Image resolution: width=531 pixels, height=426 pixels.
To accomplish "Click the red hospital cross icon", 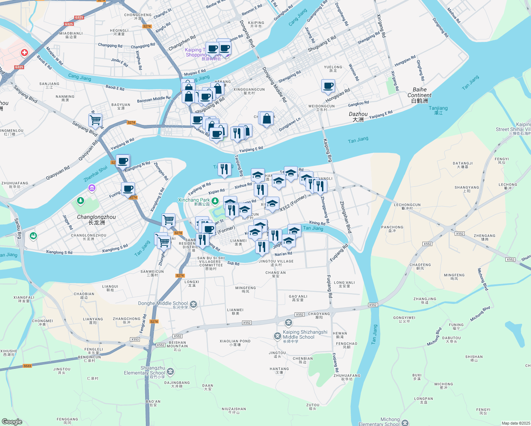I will [24, 53].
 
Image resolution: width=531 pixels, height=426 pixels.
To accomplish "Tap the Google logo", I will [12, 422].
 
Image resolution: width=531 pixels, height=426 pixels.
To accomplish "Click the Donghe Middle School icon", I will [193, 304].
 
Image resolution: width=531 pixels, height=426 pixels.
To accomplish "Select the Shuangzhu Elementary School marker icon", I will [171, 371].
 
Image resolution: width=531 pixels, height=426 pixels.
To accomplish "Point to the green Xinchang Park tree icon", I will [215, 201].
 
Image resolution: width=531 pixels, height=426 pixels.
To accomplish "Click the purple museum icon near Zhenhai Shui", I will [92, 188].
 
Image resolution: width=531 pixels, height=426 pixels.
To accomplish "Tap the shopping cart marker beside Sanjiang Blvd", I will [95, 120].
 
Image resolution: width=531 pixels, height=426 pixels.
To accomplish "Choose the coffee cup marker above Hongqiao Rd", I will [328, 86].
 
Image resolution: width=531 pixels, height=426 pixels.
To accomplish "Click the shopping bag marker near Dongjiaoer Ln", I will [267, 119].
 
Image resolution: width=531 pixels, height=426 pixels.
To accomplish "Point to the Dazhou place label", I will [358, 117].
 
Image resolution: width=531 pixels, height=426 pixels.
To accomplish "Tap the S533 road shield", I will [27, 366].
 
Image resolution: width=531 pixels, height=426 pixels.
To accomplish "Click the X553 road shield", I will [135, 339].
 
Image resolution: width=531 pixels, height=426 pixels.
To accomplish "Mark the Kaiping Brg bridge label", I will [327, 150].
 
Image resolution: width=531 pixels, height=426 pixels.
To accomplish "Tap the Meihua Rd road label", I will [453, 16].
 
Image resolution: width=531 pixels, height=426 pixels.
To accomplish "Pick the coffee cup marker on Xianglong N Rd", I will [123, 161].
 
